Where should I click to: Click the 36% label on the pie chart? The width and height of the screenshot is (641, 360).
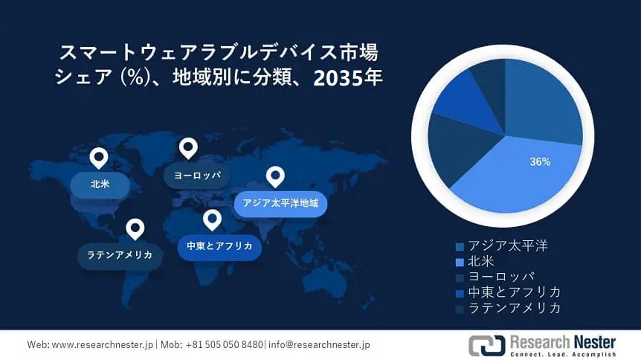(x=540, y=161)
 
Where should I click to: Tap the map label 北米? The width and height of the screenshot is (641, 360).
(x=100, y=183)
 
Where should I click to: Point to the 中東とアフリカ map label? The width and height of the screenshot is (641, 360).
(x=219, y=246)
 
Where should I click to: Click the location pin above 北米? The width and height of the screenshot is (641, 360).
(x=98, y=157)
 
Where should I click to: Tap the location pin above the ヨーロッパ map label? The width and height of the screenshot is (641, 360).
(x=188, y=148)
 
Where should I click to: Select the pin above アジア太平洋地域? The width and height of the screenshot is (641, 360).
(x=276, y=176)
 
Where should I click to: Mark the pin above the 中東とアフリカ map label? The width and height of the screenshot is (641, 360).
(x=212, y=219)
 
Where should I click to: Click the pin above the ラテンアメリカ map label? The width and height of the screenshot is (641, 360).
(x=135, y=228)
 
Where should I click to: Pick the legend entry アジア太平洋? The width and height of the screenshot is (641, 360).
(x=507, y=245)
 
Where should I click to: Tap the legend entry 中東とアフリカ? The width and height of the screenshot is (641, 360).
(x=514, y=292)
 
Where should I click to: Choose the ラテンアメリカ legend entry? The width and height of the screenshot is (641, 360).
(x=514, y=307)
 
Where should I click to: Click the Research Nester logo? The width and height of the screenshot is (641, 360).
(x=541, y=345)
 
